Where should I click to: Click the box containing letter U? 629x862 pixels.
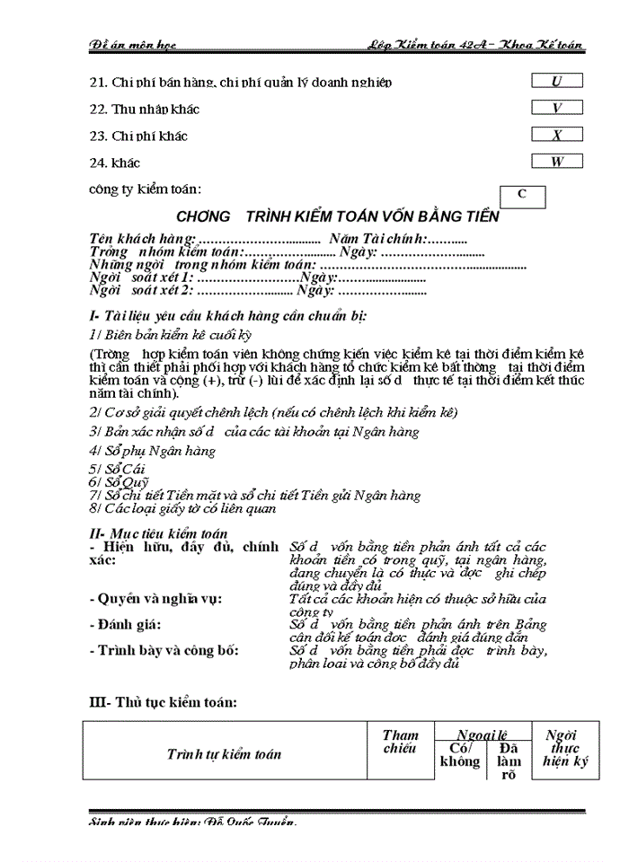(556, 81)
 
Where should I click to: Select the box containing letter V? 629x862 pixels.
(556, 108)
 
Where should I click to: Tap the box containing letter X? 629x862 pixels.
(556, 136)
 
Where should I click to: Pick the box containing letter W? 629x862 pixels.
(556, 163)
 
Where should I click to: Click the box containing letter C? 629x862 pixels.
(521, 195)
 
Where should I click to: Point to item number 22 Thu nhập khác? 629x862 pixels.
(144, 110)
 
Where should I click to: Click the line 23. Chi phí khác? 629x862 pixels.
(138, 136)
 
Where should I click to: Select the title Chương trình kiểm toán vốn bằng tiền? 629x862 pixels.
(338, 217)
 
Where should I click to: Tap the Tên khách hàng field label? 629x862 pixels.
(142, 239)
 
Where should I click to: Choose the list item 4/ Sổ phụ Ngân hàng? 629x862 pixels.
(152, 451)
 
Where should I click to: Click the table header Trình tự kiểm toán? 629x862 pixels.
(224, 753)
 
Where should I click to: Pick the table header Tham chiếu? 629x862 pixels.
(400, 742)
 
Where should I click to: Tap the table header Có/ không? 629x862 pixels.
(459, 755)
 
